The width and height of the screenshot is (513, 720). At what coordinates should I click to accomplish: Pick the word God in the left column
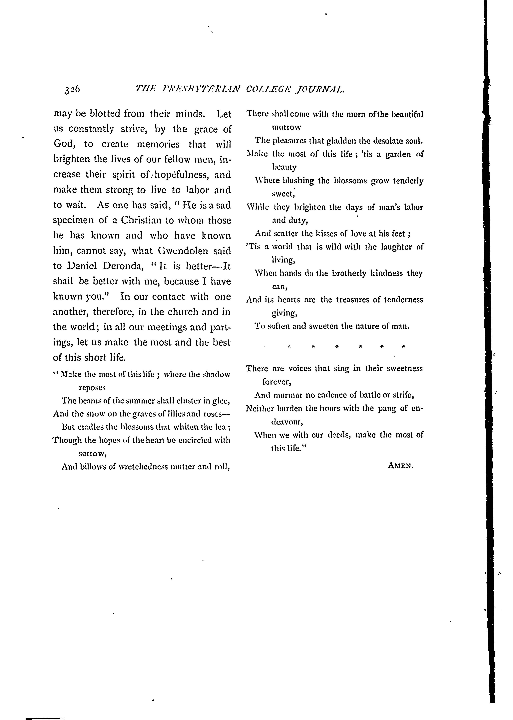pos(64,144)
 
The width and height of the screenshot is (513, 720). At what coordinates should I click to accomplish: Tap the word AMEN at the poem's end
pos(400,466)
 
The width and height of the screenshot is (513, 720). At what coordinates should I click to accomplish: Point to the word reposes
pos(92,388)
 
